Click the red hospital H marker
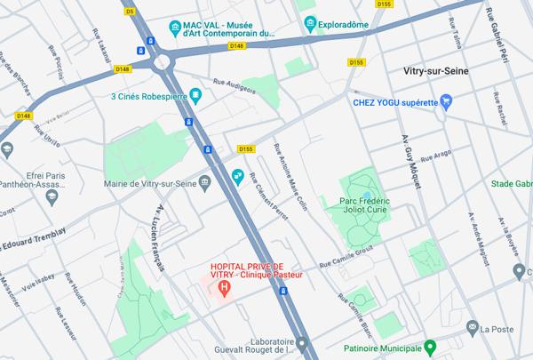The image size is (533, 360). (225, 287)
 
